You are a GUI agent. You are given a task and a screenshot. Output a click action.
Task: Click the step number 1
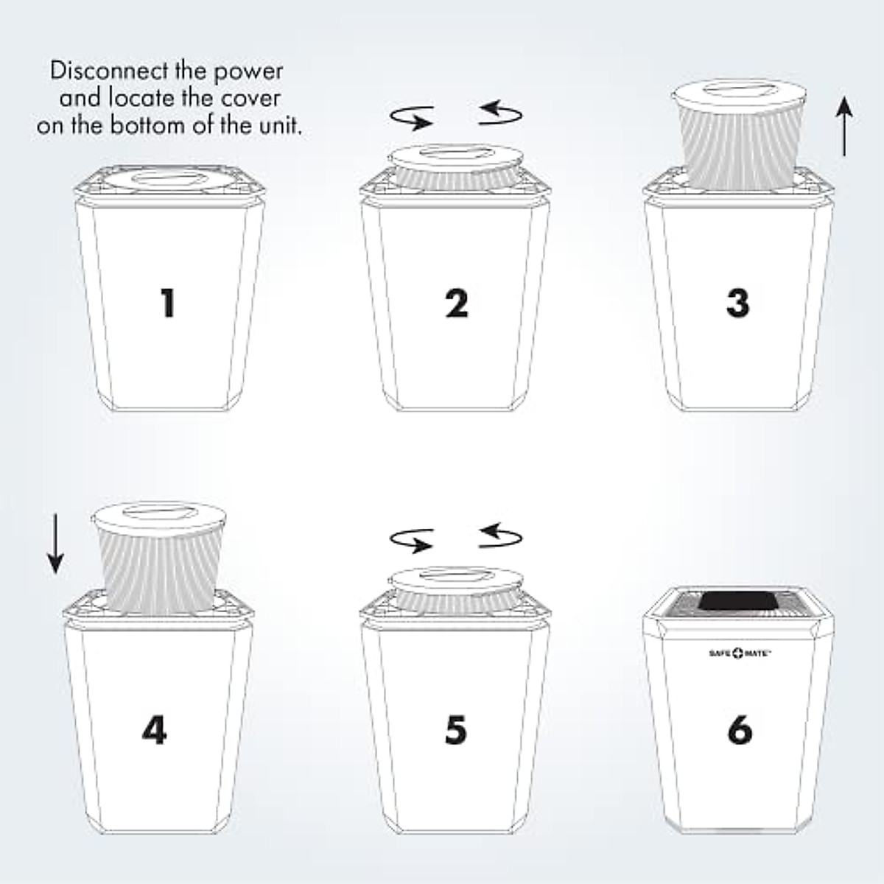point(168,303)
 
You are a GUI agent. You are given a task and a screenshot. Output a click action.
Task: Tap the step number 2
point(457,303)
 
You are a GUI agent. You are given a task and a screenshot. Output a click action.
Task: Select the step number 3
point(737,303)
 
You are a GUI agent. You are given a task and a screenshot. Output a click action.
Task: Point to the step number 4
point(154,730)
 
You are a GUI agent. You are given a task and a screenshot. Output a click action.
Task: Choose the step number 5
point(456,730)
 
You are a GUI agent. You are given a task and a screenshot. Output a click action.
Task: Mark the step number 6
point(740,730)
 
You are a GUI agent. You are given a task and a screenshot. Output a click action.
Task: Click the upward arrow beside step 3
point(844,127)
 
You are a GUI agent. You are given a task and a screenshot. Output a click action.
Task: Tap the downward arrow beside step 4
point(55,544)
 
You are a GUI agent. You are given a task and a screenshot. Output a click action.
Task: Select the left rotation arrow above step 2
point(412,117)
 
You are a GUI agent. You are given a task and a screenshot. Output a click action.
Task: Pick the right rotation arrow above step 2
point(500,113)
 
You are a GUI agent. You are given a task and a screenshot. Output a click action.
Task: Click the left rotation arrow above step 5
point(412,541)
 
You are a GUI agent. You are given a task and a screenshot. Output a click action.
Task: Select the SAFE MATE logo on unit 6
point(740,653)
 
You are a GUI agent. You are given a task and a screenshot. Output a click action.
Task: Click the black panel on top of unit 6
point(739,602)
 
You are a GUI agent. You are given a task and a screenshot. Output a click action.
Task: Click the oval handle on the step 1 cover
point(169,179)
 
